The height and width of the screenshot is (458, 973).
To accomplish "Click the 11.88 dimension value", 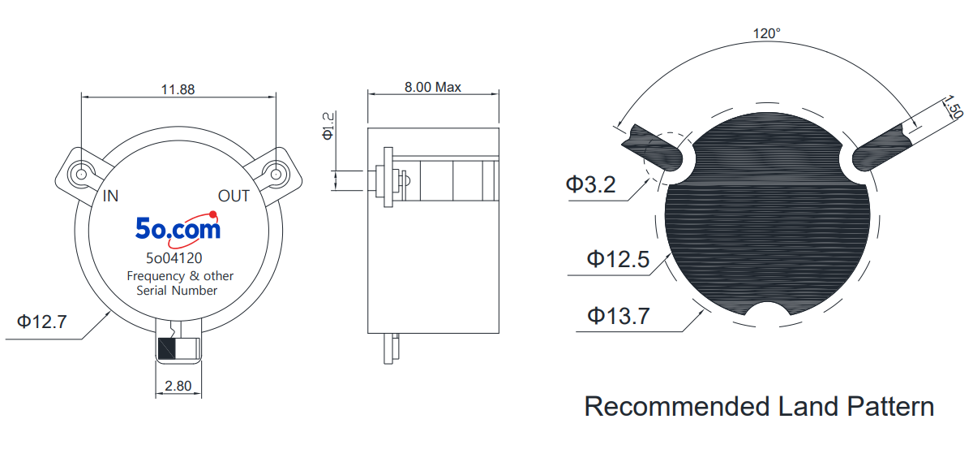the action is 178,89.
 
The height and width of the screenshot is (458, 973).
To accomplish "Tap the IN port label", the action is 110,197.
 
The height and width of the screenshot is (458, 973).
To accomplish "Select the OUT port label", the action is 234,197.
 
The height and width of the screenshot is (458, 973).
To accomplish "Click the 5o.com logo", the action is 178,227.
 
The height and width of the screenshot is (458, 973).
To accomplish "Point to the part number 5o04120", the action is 174,258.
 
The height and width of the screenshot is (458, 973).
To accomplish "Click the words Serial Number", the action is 177,291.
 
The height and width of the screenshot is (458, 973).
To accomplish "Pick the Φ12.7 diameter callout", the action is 41,322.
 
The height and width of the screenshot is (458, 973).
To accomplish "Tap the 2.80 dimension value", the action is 178,386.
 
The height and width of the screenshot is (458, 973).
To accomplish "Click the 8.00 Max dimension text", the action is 433,87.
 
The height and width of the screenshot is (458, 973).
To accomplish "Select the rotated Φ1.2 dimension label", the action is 328,126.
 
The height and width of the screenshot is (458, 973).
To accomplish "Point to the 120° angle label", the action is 767,33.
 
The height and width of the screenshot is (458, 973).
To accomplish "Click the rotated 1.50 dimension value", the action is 953,107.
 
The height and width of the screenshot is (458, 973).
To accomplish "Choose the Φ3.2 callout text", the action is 591,184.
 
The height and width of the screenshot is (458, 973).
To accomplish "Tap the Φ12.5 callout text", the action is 618,259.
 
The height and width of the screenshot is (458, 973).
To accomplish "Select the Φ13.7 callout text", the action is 619,316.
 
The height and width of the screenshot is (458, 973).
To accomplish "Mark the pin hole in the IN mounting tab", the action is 81,175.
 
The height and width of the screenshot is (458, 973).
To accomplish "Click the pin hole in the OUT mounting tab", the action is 276,175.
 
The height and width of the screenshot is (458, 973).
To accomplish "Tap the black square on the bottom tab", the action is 166,348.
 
